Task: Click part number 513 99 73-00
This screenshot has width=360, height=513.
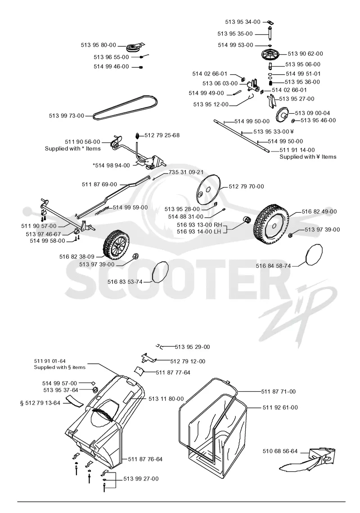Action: click(x=66, y=116)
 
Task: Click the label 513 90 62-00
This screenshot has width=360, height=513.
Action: click(x=305, y=54)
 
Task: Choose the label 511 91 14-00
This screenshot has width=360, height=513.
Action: click(x=297, y=150)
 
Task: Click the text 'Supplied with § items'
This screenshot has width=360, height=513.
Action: click(x=59, y=367)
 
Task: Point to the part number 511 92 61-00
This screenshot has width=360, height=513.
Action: click(x=280, y=407)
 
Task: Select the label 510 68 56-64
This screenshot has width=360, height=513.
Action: click(x=280, y=451)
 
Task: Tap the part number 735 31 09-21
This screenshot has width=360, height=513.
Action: click(x=186, y=172)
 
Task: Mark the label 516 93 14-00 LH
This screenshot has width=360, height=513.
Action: click(x=199, y=231)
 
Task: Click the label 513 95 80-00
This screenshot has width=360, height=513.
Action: click(x=98, y=45)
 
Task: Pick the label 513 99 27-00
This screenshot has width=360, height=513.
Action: click(x=141, y=479)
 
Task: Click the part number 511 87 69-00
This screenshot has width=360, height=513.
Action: click(x=99, y=184)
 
